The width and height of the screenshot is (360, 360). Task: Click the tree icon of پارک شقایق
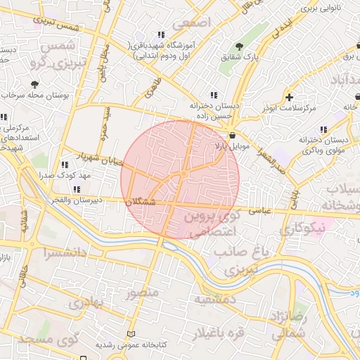pyautogui.click(x=240, y=46)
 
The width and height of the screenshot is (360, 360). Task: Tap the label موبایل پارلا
pyautogui.click(x=231, y=146)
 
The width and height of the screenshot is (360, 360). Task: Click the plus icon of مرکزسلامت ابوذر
pyautogui.click(x=289, y=97)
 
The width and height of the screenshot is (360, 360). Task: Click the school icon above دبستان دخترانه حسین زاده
pyautogui.click(x=213, y=95)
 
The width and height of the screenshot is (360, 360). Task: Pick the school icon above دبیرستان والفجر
pyautogui.click(x=75, y=189)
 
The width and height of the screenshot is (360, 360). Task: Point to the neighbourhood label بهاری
pyautogui.click(x=88, y=303)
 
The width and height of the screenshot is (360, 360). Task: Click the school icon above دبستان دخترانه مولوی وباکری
pyautogui.click(x=323, y=129)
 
